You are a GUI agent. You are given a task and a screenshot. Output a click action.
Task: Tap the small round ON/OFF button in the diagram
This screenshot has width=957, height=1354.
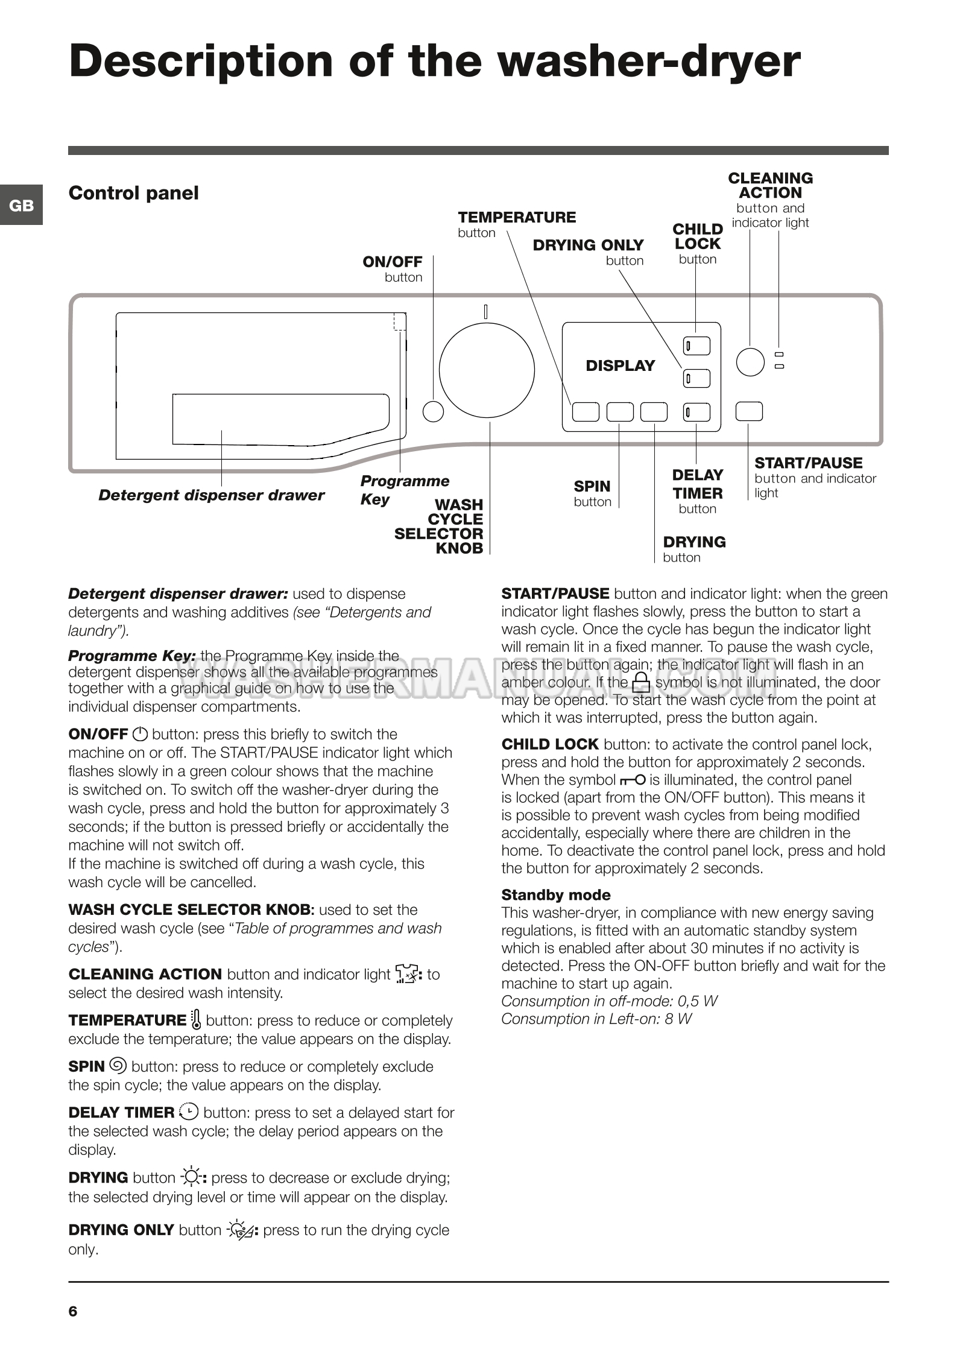[x=433, y=411]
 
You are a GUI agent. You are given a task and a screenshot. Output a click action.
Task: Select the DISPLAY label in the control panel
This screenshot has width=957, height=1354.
[x=620, y=365]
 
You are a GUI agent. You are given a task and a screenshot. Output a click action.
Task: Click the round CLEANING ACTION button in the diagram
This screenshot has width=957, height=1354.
[x=750, y=361]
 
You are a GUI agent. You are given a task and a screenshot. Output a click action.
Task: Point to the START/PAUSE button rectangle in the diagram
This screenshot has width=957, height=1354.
[x=749, y=411]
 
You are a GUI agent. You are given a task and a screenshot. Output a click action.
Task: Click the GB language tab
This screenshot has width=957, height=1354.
[x=21, y=205]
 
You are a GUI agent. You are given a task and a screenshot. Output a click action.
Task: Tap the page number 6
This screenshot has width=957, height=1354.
[x=73, y=1311]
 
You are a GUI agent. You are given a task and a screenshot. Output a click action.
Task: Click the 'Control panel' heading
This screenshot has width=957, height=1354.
[x=133, y=193]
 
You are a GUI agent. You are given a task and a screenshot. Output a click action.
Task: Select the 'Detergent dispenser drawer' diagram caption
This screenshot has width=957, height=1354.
[x=211, y=495]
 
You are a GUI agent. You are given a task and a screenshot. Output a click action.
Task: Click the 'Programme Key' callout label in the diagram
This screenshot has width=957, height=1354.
[x=404, y=490]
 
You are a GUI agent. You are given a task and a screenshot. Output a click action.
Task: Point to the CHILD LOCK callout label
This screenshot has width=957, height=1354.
[x=698, y=236]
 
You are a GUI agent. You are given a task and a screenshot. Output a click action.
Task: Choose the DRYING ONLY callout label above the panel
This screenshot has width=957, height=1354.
[x=588, y=245]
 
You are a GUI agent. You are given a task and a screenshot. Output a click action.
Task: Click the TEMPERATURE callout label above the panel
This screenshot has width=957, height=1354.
[x=516, y=217]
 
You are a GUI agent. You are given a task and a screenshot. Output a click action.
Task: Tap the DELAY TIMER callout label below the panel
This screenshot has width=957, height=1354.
[x=698, y=484]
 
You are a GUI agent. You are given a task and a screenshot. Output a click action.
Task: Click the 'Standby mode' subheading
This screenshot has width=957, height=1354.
[x=555, y=894]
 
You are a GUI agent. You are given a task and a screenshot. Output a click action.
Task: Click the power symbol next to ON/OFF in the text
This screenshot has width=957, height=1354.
[x=140, y=734]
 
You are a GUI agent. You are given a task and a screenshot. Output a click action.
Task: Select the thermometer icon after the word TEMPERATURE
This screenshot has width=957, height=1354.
[x=196, y=1019]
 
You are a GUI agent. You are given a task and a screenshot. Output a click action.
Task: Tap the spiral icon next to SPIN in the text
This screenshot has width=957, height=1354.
[x=118, y=1066]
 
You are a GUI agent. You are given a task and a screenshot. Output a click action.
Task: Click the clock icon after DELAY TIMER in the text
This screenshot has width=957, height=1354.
[x=189, y=1111]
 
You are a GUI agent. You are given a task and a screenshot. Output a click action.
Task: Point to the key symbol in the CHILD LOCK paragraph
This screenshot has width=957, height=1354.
[x=632, y=780]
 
